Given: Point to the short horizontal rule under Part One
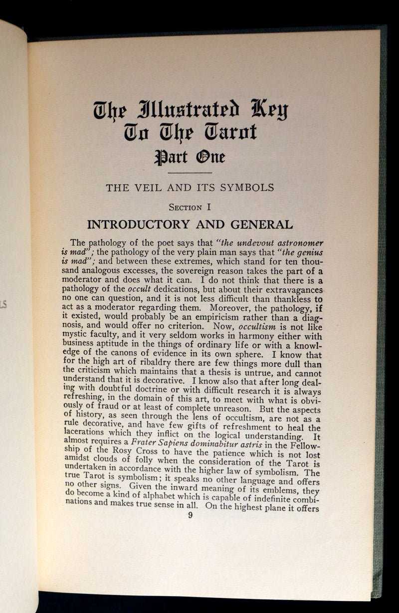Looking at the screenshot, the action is coord(191,173).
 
